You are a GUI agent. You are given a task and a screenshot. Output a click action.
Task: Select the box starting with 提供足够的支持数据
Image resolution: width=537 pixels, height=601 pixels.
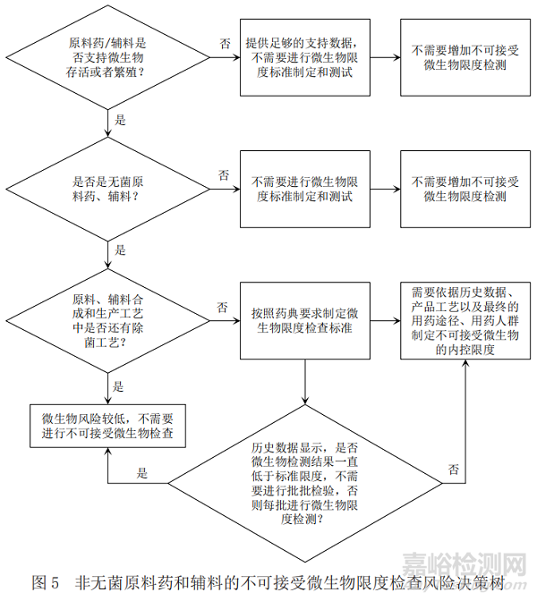pyautogui.click(x=305, y=56)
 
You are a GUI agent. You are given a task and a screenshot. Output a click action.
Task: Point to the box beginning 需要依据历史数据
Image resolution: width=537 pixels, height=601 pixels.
pyautogui.click(x=465, y=320)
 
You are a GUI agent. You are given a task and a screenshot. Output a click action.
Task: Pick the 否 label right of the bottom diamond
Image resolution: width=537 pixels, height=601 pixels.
pyautogui.click(x=454, y=469)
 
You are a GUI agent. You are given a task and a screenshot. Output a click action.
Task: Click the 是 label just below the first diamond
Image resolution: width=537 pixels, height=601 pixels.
pyautogui.click(x=121, y=118)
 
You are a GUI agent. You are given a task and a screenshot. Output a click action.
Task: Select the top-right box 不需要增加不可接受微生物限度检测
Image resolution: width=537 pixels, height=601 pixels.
pyautogui.click(x=465, y=56)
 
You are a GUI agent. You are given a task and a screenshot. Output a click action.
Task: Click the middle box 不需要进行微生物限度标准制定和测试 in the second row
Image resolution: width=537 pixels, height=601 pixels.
pyautogui.click(x=305, y=188)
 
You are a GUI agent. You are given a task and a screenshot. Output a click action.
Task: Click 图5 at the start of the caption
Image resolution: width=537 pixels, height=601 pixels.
pyautogui.click(x=45, y=582)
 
